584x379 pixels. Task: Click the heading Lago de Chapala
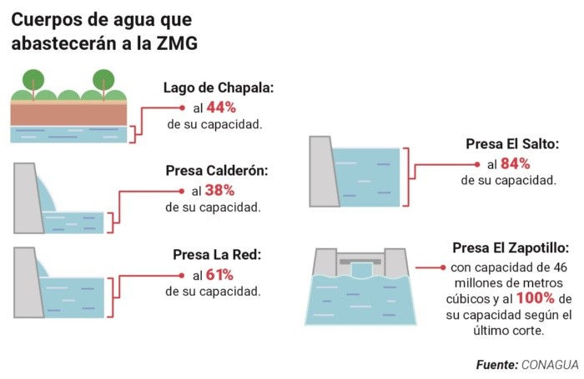pos(218,88)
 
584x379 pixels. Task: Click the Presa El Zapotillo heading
pos(511,248)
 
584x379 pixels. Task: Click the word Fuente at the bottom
pos(496,365)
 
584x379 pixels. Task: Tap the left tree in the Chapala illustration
pos(34,81)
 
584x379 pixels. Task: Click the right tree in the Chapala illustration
pos(103,81)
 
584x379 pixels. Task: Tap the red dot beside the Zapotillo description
pos(441,267)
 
